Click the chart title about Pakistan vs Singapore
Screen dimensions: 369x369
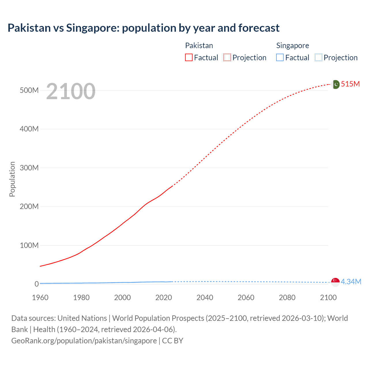144,28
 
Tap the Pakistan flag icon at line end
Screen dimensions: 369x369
336,84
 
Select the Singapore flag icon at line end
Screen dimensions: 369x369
335,282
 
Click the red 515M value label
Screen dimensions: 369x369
350,84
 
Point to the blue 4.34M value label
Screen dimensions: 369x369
351,282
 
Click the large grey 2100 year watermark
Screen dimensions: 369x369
71,91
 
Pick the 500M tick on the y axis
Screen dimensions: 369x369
29,90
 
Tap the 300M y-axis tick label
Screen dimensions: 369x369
29,168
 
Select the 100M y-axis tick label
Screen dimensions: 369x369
29,245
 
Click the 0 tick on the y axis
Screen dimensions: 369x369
36,284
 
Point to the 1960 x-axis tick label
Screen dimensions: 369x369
40,298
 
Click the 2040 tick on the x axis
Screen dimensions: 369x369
205,298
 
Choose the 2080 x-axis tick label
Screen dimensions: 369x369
287,298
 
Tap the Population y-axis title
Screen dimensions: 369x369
12,179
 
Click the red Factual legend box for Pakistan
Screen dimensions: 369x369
189,58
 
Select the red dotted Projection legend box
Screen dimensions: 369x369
227,58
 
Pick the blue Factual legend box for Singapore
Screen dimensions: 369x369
280,58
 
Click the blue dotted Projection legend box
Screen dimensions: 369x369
318,58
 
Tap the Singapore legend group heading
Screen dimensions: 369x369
293,46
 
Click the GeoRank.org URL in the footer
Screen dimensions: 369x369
84,341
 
